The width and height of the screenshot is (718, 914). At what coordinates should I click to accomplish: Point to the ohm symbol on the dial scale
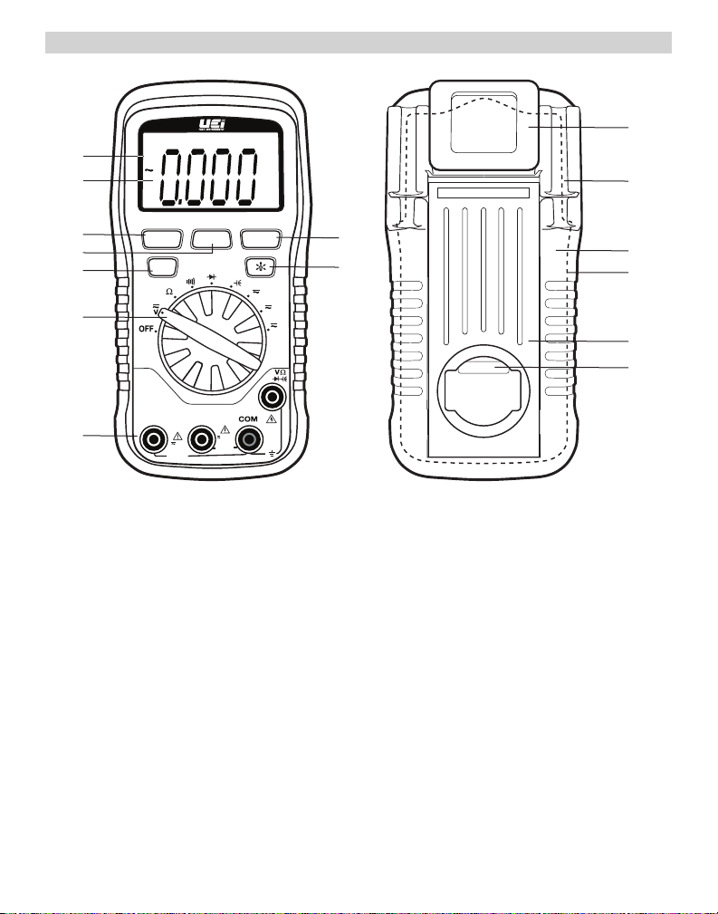[169, 292]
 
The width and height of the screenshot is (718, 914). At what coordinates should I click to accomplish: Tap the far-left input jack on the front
[153, 439]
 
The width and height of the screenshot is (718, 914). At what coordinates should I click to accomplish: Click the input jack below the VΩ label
[269, 397]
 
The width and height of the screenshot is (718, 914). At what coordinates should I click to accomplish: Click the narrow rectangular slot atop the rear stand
[482, 194]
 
